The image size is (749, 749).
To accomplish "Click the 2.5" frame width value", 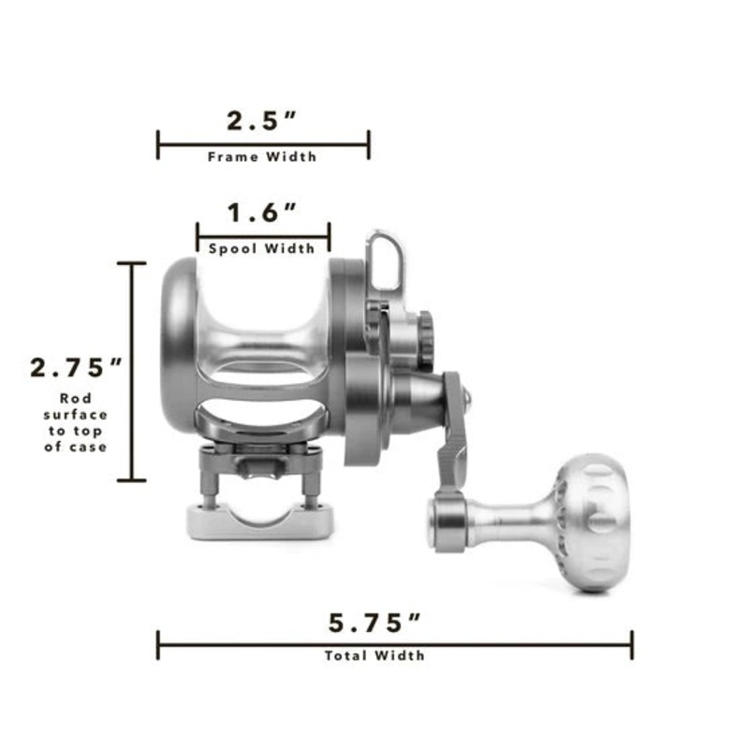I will tap(262, 121).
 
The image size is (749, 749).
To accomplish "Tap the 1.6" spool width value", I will tap(262, 213).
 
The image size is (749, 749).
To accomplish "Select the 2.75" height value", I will tap(77, 366).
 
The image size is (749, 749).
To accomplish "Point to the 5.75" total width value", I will tap(375, 623).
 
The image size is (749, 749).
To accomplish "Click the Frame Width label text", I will tap(262, 157).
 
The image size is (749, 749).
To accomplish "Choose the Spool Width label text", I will tap(262, 249).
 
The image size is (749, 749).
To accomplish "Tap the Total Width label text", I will tap(374, 655).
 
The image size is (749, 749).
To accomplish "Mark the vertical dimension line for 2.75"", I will tap(132, 371).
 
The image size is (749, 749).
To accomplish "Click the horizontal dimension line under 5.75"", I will tap(394, 644).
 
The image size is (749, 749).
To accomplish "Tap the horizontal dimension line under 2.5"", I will tap(262, 144).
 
